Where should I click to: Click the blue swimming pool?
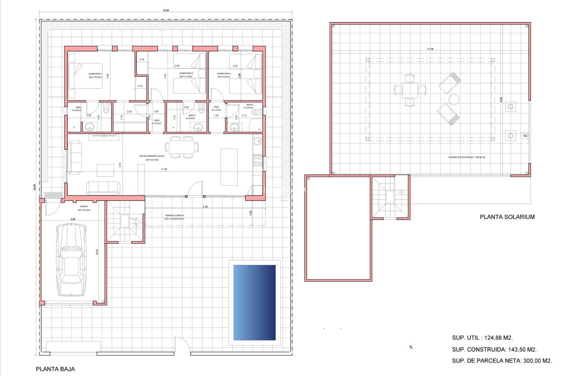tap(254, 303)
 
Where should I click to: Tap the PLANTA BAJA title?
tap(55, 369)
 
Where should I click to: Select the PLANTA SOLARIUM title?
tap(507, 217)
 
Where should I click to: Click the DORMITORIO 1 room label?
tap(95, 74)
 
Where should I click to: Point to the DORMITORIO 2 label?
tap(186, 73)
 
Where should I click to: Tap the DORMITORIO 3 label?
tap(224, 74)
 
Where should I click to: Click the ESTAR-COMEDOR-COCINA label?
tap(152, 156)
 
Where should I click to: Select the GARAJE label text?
tap(84, 207)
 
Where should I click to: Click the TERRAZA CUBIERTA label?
tap(174, 216)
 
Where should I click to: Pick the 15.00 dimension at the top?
tap(166, 11)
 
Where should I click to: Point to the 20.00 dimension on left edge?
tap(35, 187)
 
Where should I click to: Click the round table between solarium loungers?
tap(453, 100)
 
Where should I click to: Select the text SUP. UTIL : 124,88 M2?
tap(482, 338)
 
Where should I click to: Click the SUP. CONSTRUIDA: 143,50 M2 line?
tap(494, 350)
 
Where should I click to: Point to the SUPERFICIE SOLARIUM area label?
tap(467, 157)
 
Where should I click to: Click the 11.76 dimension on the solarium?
tap(430, 49)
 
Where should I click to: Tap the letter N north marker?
tap(411, 348)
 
